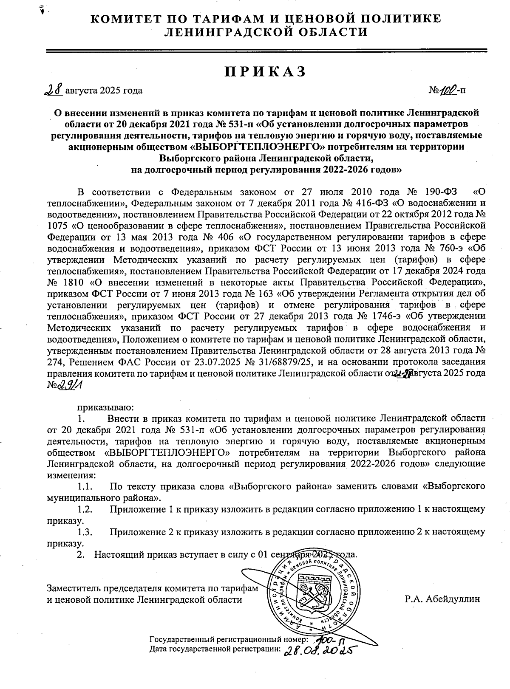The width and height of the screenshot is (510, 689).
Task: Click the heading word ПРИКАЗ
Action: pyautogui.click(x=266, y=71)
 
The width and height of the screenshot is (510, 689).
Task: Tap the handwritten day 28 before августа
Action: pyautogui.click(x=54, y=90)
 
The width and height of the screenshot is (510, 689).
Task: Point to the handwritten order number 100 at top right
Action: pyautogui.click(x=448, y=90)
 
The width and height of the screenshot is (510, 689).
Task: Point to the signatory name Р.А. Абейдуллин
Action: pyautogui.click(x=442, y=599)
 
